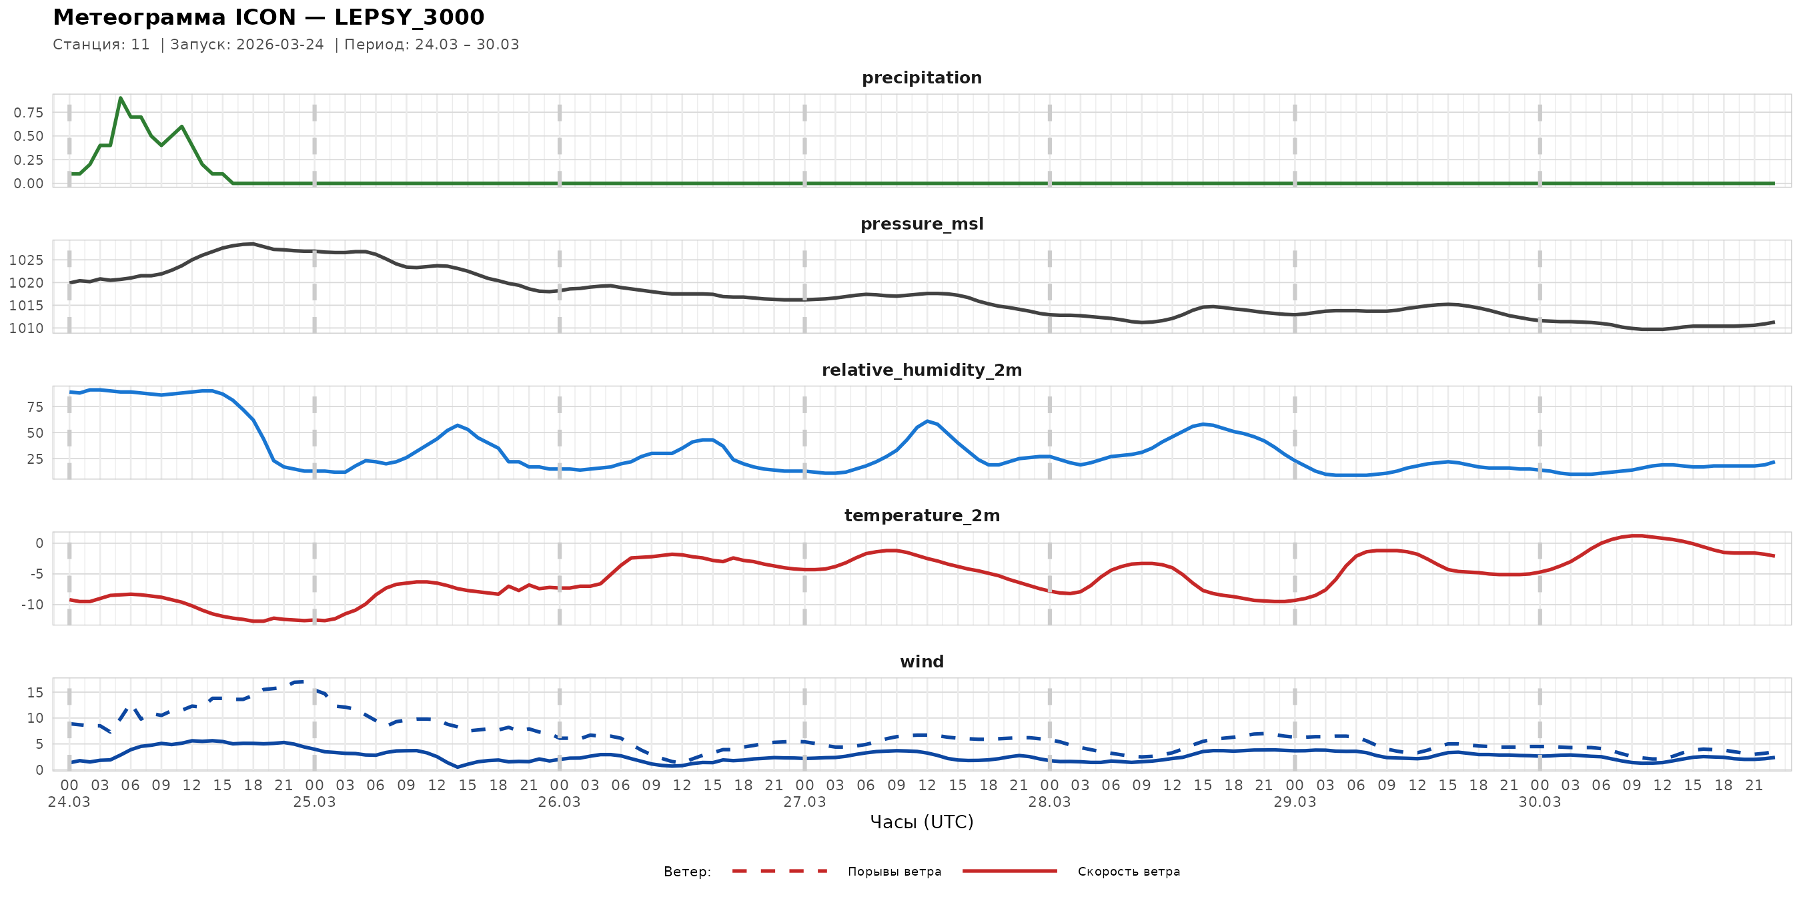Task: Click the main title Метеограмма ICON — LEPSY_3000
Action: pyautogui.click(x=268, y=17)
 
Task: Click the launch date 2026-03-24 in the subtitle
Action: pyautogui.click(x=279, y=45)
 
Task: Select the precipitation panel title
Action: pyautogui.click(x=921, y=77)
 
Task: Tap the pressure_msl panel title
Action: pyautogui.click(x=921, y=224)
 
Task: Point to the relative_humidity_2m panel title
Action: pyautogui.click(x=921, y=370)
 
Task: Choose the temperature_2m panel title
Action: pyautogui.click(x=921, y=515)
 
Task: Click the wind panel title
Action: pyautogui.click(x=921, y=662)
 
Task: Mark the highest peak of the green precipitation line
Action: pyautogui.click(x=121, y=98)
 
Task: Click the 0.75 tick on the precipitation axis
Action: pyautogui.click(x=29, y=113)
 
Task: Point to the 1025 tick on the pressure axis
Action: pyautogui.click(x=27, y=260)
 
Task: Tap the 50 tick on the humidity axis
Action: pyautogui.click(x=35, y=433)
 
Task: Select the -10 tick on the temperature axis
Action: pyautogui.click(x=31, y=605)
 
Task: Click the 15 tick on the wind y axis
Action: pyautogui.click(x=35, y=693)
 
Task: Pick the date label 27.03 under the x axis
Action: pyautogui.click(x=804, y=802)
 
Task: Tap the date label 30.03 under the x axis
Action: pyautogui.click(x=1540, y=802)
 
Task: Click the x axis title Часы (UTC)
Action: pyautogui.click(x=921, y=822)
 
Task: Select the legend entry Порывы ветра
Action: pyautogui.click(x=894, y=872)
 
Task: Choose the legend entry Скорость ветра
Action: pyautogui.click(x=1129, y=872)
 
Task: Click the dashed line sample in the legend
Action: pyautogui.click(x=780, y=871)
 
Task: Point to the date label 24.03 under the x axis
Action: pyautogui.click(x=69, y=802)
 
